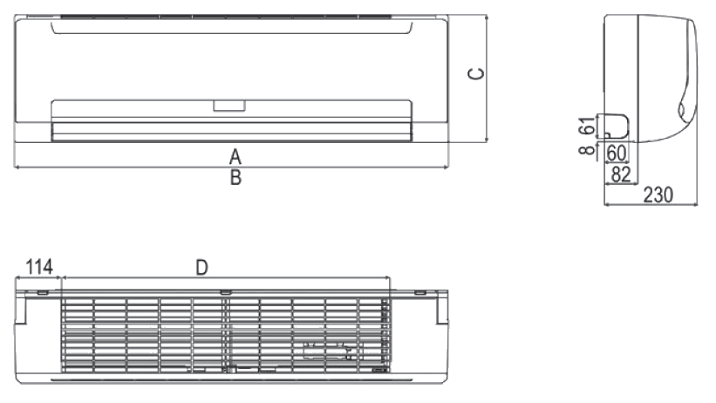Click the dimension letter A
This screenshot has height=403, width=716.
(235, 157)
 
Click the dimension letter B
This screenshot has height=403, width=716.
(235, 178)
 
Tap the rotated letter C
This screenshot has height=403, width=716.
(476, 73)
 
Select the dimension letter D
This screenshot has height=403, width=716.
(201, 268)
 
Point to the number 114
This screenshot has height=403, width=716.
(39, 267)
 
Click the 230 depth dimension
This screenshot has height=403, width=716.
(658, 195)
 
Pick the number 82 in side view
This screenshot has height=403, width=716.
(621, 174)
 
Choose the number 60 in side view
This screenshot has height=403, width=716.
(616, 154)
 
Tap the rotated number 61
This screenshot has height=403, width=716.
(587, 126)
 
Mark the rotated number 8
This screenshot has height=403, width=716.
(587, 149)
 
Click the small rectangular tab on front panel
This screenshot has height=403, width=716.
(229, 106)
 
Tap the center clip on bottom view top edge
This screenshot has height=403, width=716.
(225, 291)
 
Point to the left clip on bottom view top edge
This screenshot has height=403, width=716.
(42, 292)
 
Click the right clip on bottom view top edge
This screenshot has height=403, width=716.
(420, 292)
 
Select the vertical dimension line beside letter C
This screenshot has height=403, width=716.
(487, 79)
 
